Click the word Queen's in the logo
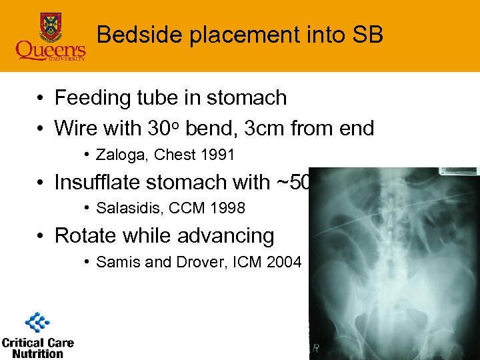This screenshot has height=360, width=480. click(51, 50)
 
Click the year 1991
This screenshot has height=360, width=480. click(217, 155)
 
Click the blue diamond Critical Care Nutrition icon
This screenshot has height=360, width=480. click(37, 323)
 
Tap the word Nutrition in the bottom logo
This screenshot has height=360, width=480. click(37, 353)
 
